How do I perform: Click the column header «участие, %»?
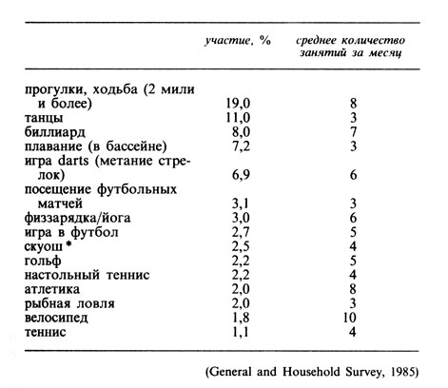pos(234,41)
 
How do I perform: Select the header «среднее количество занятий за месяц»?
pos(351,48)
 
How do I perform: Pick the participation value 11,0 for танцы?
pos(234,118)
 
